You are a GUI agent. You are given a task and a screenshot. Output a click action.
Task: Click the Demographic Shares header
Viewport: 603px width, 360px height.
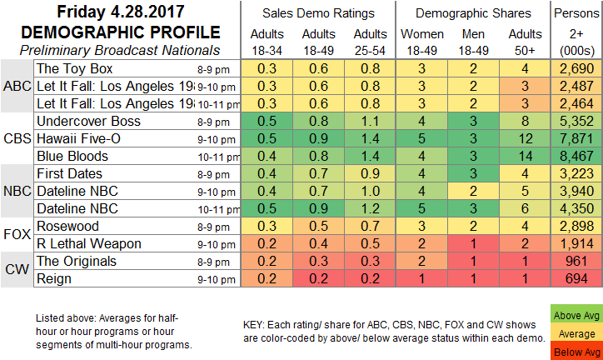point(473,13)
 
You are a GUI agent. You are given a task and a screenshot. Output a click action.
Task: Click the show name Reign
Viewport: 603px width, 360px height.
point(55,279)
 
